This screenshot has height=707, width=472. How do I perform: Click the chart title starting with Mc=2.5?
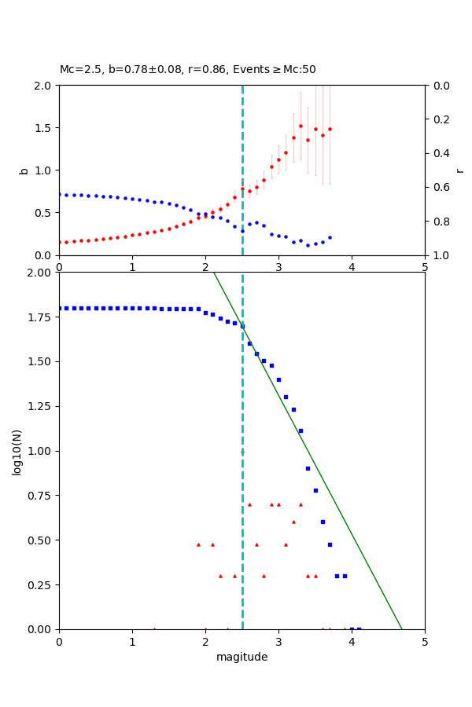coord(187,70)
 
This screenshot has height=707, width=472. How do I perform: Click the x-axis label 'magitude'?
coord(242,657)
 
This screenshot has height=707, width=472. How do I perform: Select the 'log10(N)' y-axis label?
coord(17,452)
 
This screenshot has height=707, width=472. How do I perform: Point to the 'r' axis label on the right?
coord(459,170)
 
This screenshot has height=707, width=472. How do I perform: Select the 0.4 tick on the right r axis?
coord(437,153)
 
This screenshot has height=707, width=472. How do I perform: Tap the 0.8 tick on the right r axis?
coord(437,222)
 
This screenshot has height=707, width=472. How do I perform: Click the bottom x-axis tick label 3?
coord(278,641)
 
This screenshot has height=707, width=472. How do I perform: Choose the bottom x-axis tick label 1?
coord(132,641)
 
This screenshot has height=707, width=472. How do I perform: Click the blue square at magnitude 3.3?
coord(301,430)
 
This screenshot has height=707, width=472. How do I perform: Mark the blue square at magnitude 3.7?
coord(330,544)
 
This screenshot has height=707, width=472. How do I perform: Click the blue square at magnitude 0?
coord(60,308)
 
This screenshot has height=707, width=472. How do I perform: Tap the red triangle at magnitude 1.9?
coord(198,544)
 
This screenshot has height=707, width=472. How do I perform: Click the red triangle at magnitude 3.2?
coord(293,522)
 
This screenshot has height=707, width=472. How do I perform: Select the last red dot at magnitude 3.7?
coord(330,129)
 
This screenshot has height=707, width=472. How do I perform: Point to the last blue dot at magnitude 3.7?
coord(330,237)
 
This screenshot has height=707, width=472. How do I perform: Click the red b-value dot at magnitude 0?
coord(60,242)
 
